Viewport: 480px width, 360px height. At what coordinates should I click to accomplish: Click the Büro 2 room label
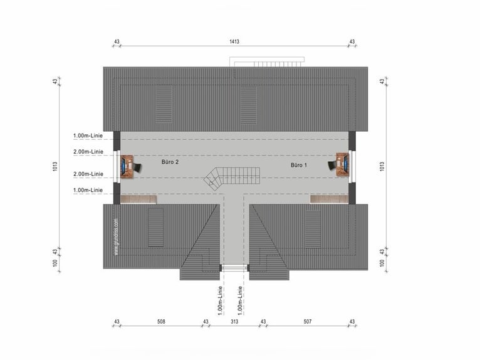pos(170,162)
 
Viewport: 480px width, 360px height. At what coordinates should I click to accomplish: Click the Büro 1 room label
pos(299,165)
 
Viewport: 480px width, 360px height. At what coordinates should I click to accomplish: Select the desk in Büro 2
pos(127,166)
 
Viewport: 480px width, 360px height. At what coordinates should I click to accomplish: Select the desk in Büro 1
pos(343,165)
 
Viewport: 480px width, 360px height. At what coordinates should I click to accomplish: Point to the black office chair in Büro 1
pos(332,166)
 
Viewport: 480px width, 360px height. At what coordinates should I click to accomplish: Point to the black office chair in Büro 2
pos(138,167)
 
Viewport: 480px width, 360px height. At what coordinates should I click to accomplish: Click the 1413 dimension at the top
pos(234,41)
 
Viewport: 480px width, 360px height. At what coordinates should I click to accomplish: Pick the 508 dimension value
pos(161,321)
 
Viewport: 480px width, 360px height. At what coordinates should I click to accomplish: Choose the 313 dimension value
pos(234,321)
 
